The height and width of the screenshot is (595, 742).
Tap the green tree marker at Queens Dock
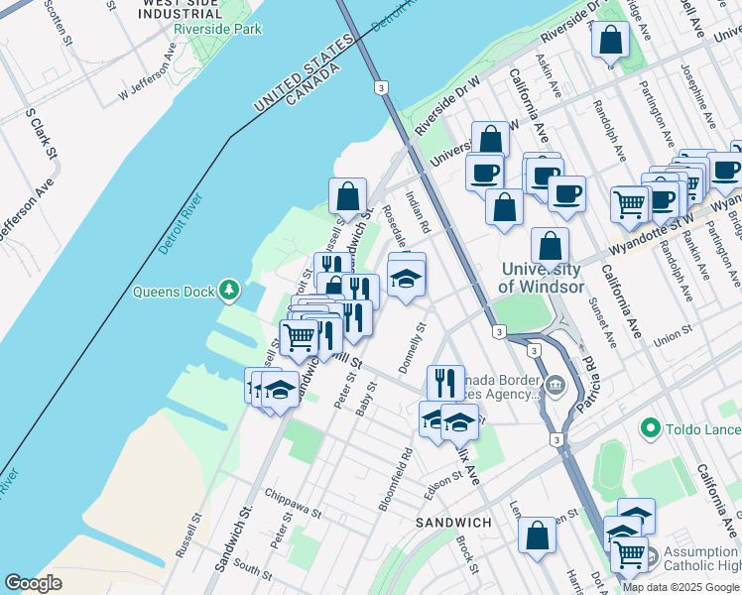[230, 290]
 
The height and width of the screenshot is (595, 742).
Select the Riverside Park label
[217, 30]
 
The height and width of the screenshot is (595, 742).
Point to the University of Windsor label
[541, 278]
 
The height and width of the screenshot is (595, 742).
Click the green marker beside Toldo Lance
[651, 428]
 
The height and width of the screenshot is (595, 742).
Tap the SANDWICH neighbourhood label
[452, 522]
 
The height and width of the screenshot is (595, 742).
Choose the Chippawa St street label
[294, 503]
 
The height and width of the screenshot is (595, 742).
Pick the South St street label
[254, 573]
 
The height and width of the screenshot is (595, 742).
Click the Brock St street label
[466, 554]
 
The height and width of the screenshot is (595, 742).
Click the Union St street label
[672, 337]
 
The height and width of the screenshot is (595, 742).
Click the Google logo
[33, 583]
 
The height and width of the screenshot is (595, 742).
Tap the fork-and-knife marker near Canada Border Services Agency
[445, 383]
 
